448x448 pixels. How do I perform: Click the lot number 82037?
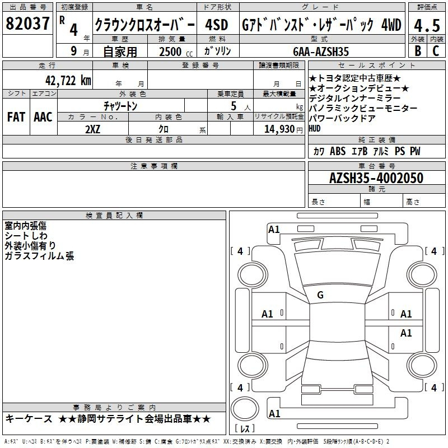27,23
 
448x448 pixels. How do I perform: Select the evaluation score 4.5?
427,25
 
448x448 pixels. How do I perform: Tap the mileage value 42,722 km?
68,81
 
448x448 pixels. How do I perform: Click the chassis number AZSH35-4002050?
376,178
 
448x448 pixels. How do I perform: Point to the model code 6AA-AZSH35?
321,52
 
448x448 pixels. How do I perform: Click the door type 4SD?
217,25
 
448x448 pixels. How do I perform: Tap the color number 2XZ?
93,129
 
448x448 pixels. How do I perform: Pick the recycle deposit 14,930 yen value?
283,129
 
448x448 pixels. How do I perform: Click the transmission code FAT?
16,117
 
